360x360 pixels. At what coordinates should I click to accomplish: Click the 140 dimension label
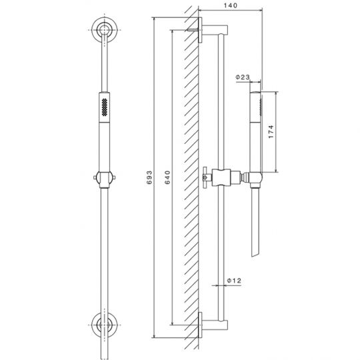pos(230,5)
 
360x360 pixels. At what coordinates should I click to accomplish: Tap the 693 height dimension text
pos(149,177)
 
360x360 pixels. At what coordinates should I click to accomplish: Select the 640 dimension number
pos(167,177)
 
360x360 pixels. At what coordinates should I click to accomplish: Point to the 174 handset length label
pos(271,131)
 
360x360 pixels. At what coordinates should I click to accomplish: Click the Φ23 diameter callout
pos(243,77)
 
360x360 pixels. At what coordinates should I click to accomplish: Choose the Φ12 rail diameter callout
pos(234,280)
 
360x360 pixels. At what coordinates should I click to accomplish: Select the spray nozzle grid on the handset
pos(105,107)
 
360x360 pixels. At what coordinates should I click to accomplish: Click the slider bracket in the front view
pos(105,179)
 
